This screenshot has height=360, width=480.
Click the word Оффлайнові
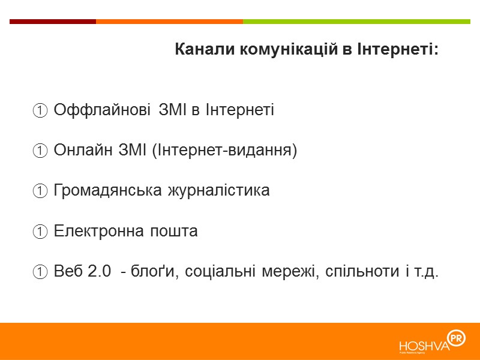(102, 110)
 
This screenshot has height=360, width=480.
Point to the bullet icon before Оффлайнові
(40, 111)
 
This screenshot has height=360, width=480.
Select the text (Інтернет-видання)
(225, 151)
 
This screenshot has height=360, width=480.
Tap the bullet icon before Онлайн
(40, 151)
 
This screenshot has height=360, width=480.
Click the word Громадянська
(108, 191)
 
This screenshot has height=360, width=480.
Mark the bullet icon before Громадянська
(40, 191)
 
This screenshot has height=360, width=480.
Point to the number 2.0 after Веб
(100, 271)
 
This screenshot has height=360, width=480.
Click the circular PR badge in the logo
(458, 338)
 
